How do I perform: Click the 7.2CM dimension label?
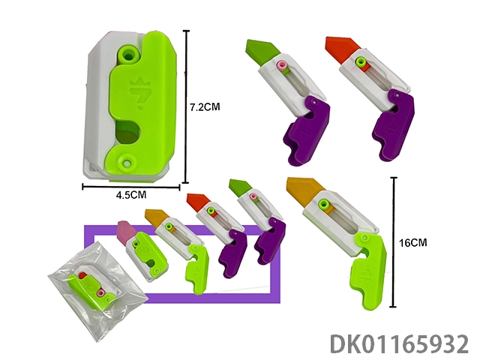pyautogui.click(x=205, y=107)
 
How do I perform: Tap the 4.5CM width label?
pyautogui.click(x=131, y=195)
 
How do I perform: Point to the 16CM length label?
pyautogui.click(x=412, y=243)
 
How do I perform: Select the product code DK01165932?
pyautogui.click(x=400, y=343)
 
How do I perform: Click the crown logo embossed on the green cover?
pyautogui.click(x=137, y=93)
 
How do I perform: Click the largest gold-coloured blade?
pyautogui.click(x=304, y=192)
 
